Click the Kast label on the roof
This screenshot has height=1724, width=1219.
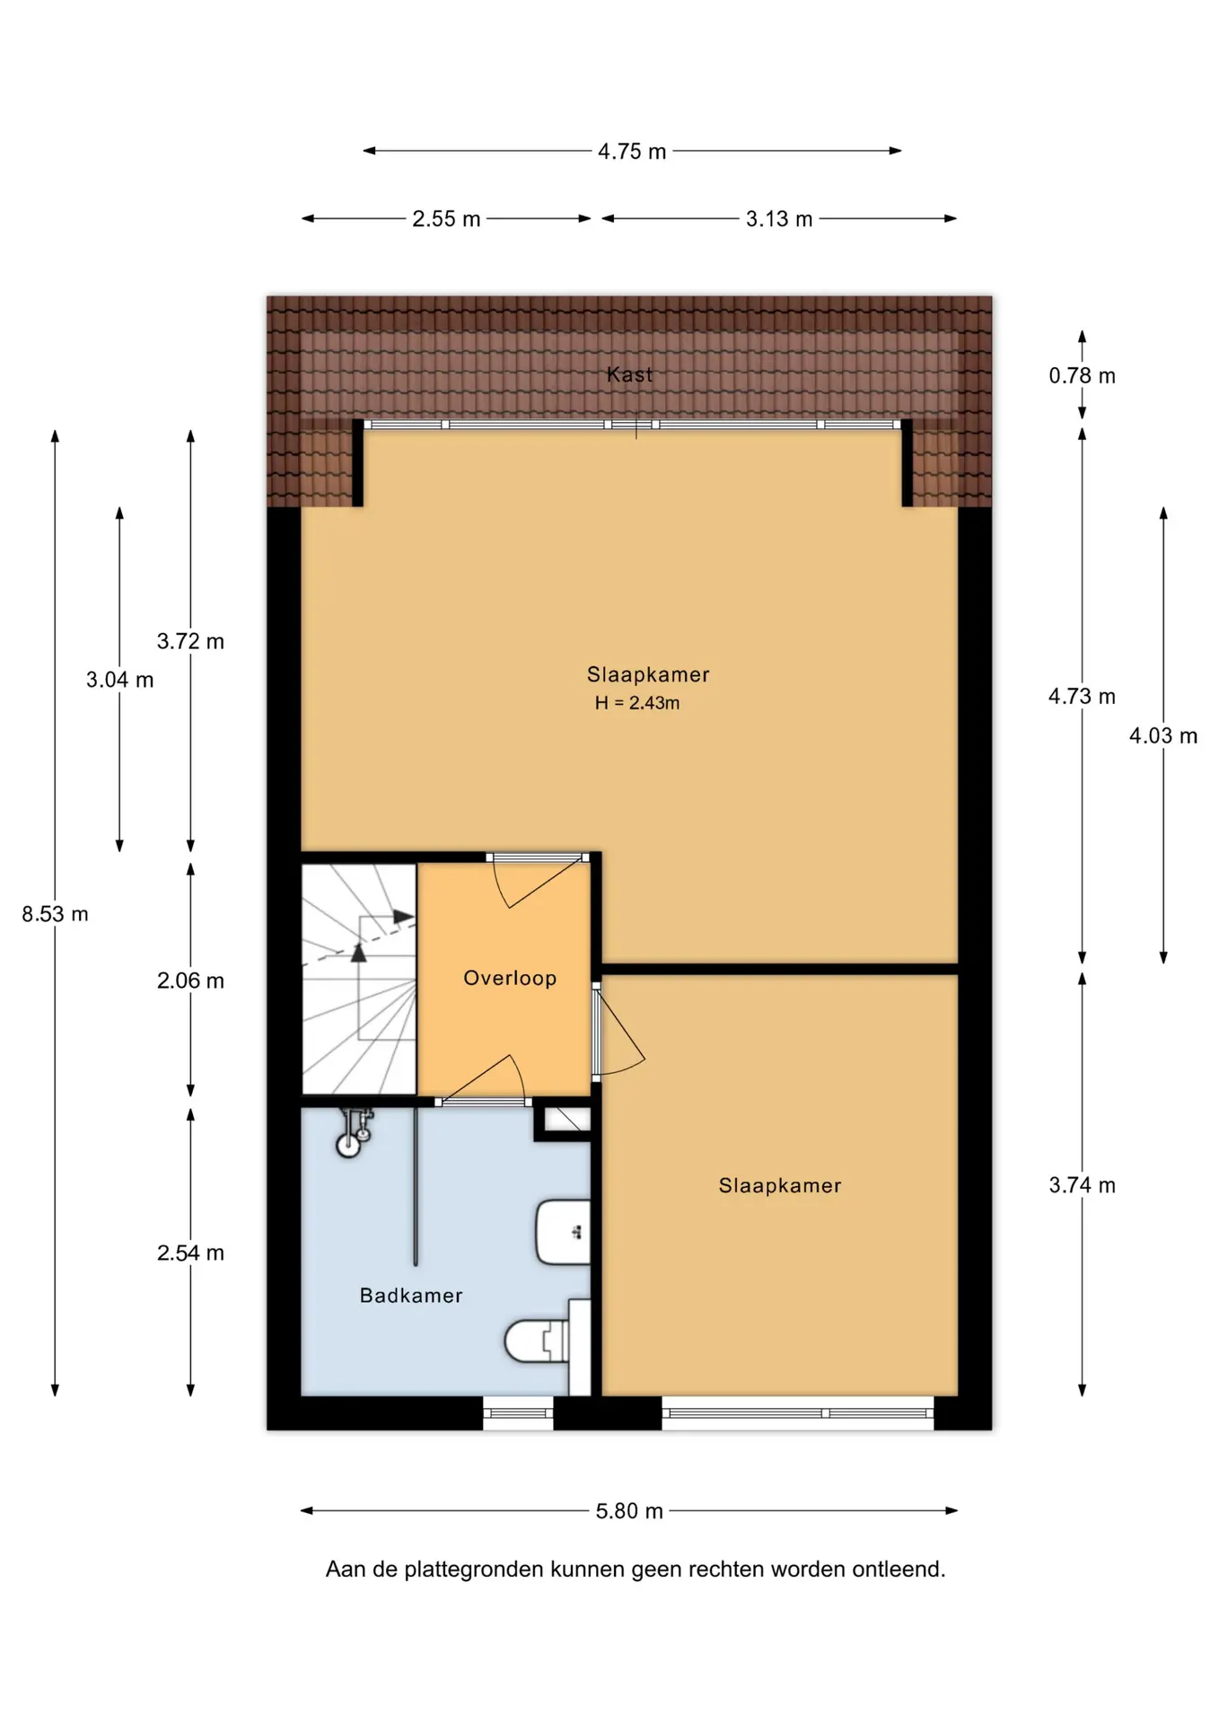[629, 374]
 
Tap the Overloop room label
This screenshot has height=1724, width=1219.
[510, 978]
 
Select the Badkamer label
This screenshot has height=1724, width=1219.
[411, 1295]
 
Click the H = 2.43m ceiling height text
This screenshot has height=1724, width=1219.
[637, 703]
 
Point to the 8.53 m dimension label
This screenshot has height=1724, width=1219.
[55, 914]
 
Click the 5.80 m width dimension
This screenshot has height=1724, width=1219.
[629, 1511]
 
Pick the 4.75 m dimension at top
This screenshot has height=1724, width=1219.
[632, 152]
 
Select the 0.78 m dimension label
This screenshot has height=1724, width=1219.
[1082, 375]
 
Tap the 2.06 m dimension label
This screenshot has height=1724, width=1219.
[190, 981]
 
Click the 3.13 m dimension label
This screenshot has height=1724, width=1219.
[779, 219]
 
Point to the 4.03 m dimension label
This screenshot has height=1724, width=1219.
[1163, 736]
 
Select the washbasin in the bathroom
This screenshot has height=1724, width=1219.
[563, 1232]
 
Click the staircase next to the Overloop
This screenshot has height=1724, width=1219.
[359, 979]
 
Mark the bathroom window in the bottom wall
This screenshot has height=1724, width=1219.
[518, 1412]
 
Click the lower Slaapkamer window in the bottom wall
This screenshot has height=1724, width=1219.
[798, 1412]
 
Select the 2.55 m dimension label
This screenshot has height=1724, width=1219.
[446, 219]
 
